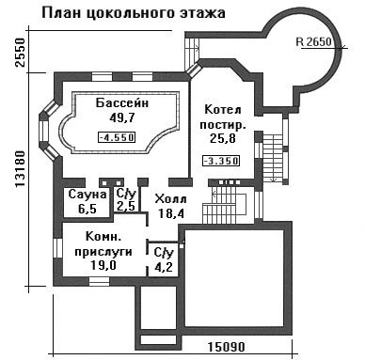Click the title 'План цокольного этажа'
tap(134, 14)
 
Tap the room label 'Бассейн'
tap(122, 103)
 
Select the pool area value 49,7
tap(122, 117)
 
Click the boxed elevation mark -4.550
tap(117, 137)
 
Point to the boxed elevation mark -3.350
tap(221, 161)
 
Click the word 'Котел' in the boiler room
tap(223, 110)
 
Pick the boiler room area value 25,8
tap(223, 138)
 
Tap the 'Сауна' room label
tap(87, 195)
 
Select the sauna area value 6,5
tap(87, 209)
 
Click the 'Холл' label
tap(171, 199)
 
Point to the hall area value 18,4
tap(171, 213)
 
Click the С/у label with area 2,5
tap(126, 195)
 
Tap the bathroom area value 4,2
tap(164, 268)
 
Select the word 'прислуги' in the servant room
tap(103, 252)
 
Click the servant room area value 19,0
tap(103, 265)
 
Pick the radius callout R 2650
tap(313, 41)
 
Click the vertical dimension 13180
tap(20, 168)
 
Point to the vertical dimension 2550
tap(20, 53)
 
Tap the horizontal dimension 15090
tap(226, 347)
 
